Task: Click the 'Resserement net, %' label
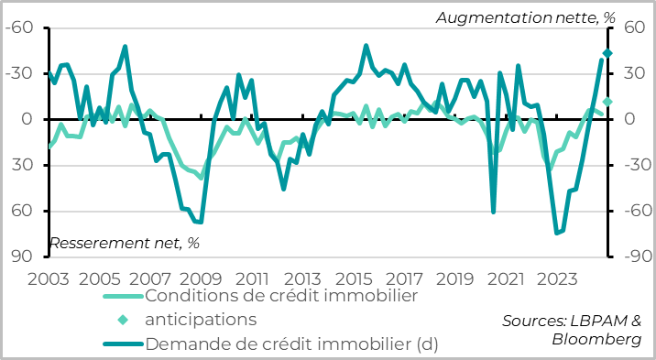[124, 243]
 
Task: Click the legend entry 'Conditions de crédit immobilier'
[281, 296]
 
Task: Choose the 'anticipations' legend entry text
[201, 320]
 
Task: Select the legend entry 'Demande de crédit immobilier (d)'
[291, 344]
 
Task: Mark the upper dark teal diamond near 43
[607, 54]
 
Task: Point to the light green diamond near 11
[607, 102]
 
